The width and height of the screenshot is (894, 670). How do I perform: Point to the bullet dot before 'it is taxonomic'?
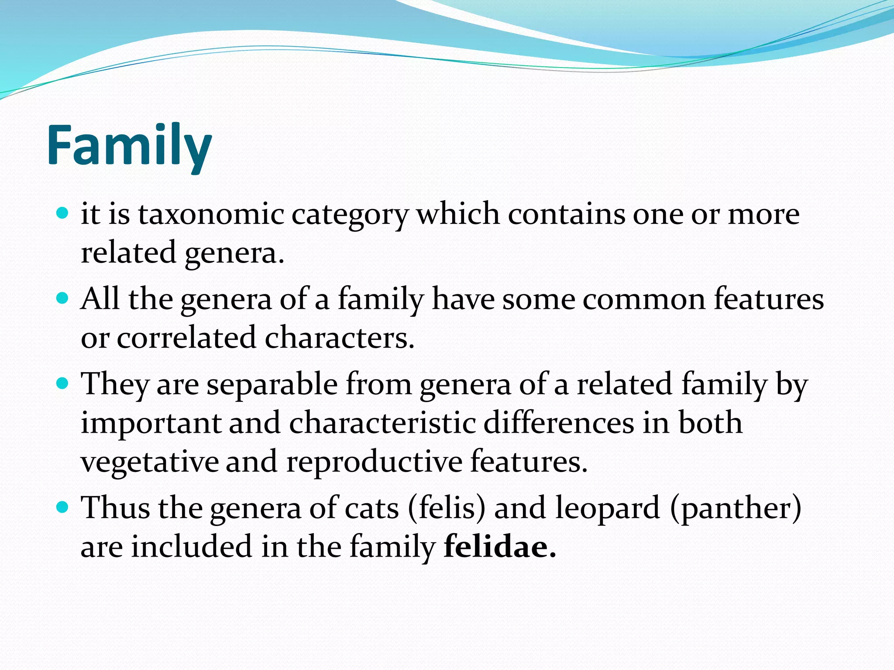coord(63,213)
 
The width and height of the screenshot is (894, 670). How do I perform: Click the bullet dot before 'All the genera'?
coord(63,298)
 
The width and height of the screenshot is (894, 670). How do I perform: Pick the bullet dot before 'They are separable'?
coord(63,383)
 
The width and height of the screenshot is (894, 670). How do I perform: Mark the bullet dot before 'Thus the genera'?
coord(63,507)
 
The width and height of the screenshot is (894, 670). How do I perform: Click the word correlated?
coord(186,338)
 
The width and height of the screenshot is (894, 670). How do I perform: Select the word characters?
coord(339,338)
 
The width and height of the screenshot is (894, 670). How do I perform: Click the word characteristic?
coord(382,423)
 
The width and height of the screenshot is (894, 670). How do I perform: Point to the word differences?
coord(559,423)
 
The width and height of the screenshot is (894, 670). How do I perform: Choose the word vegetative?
coord(150,462)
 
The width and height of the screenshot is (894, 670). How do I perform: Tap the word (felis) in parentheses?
coord(446,508)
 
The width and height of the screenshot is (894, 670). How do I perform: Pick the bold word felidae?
coord(499,547)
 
